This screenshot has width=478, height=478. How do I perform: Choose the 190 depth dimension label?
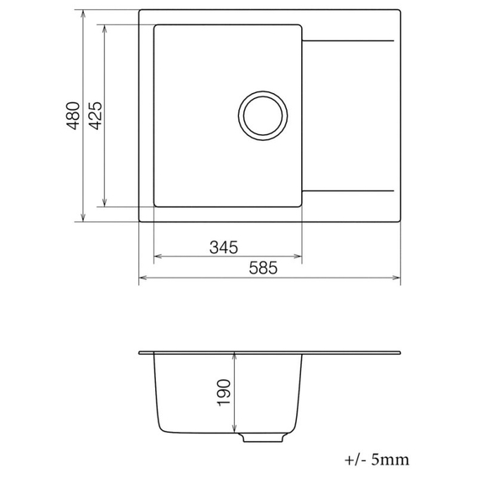pos(224,392)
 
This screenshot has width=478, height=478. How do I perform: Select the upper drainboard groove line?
pos(347,39)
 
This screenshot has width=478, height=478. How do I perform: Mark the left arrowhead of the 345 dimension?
pos(158,257)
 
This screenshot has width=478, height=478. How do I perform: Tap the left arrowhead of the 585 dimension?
pos(143,278)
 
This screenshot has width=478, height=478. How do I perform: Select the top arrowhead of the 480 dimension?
pos(83,14)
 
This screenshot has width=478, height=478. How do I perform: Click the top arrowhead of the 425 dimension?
pos(104,29)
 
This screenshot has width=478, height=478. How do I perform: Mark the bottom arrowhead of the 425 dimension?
pos(104,202)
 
